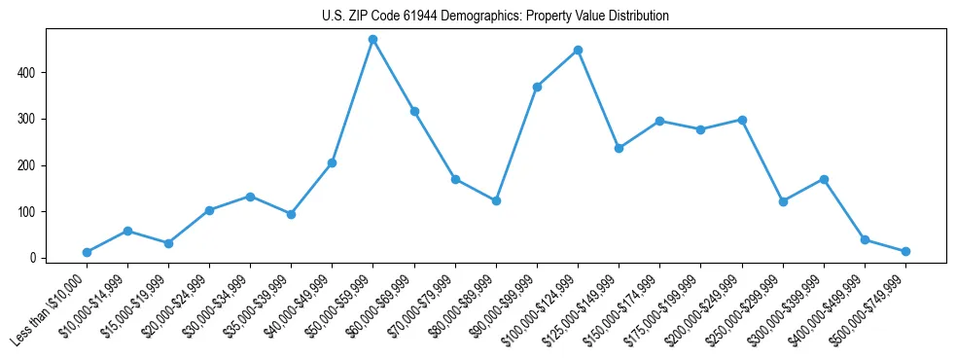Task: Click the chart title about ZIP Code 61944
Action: click(x=495, y=17)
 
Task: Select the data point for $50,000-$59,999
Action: click(x=373, y=40)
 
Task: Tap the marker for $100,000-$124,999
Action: click(x=578, y=50)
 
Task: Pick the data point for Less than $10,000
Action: click(x=87, y=252)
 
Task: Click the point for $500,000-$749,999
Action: click(x=905, y=251)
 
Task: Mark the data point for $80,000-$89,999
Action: click(x=496, y=200)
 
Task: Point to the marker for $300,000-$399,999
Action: click(x=824, y=179)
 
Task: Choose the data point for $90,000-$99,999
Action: click(x=537, y=87)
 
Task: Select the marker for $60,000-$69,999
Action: click(x=414, y=111)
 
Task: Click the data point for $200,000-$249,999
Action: click(x=742, y=120)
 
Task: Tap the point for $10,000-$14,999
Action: click(x=127, y=231)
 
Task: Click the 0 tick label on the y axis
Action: click(x=34, y=258)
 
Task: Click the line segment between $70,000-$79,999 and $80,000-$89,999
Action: click(x=476, y=190)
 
